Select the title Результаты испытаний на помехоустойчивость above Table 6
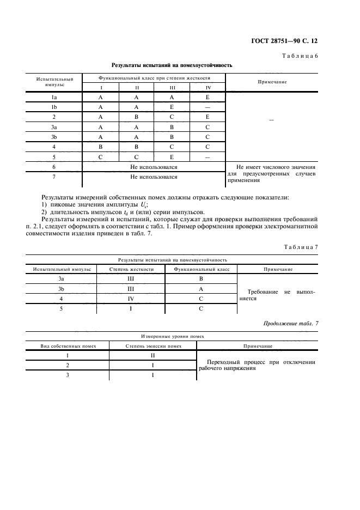click(172, 65)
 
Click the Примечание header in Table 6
click(271, 82)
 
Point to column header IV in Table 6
click(208, 88)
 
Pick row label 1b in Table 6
click(54, 108)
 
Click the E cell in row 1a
click(208, 98)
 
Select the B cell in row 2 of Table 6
click(137, 117)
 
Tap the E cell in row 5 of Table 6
click(172, 156)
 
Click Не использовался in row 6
click(154, 167)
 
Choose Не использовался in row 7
click(154, 177)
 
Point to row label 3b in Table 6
click(54, 137)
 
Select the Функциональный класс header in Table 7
click(202, 269)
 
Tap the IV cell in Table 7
click(130, 299)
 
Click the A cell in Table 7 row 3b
click(201, 289)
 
